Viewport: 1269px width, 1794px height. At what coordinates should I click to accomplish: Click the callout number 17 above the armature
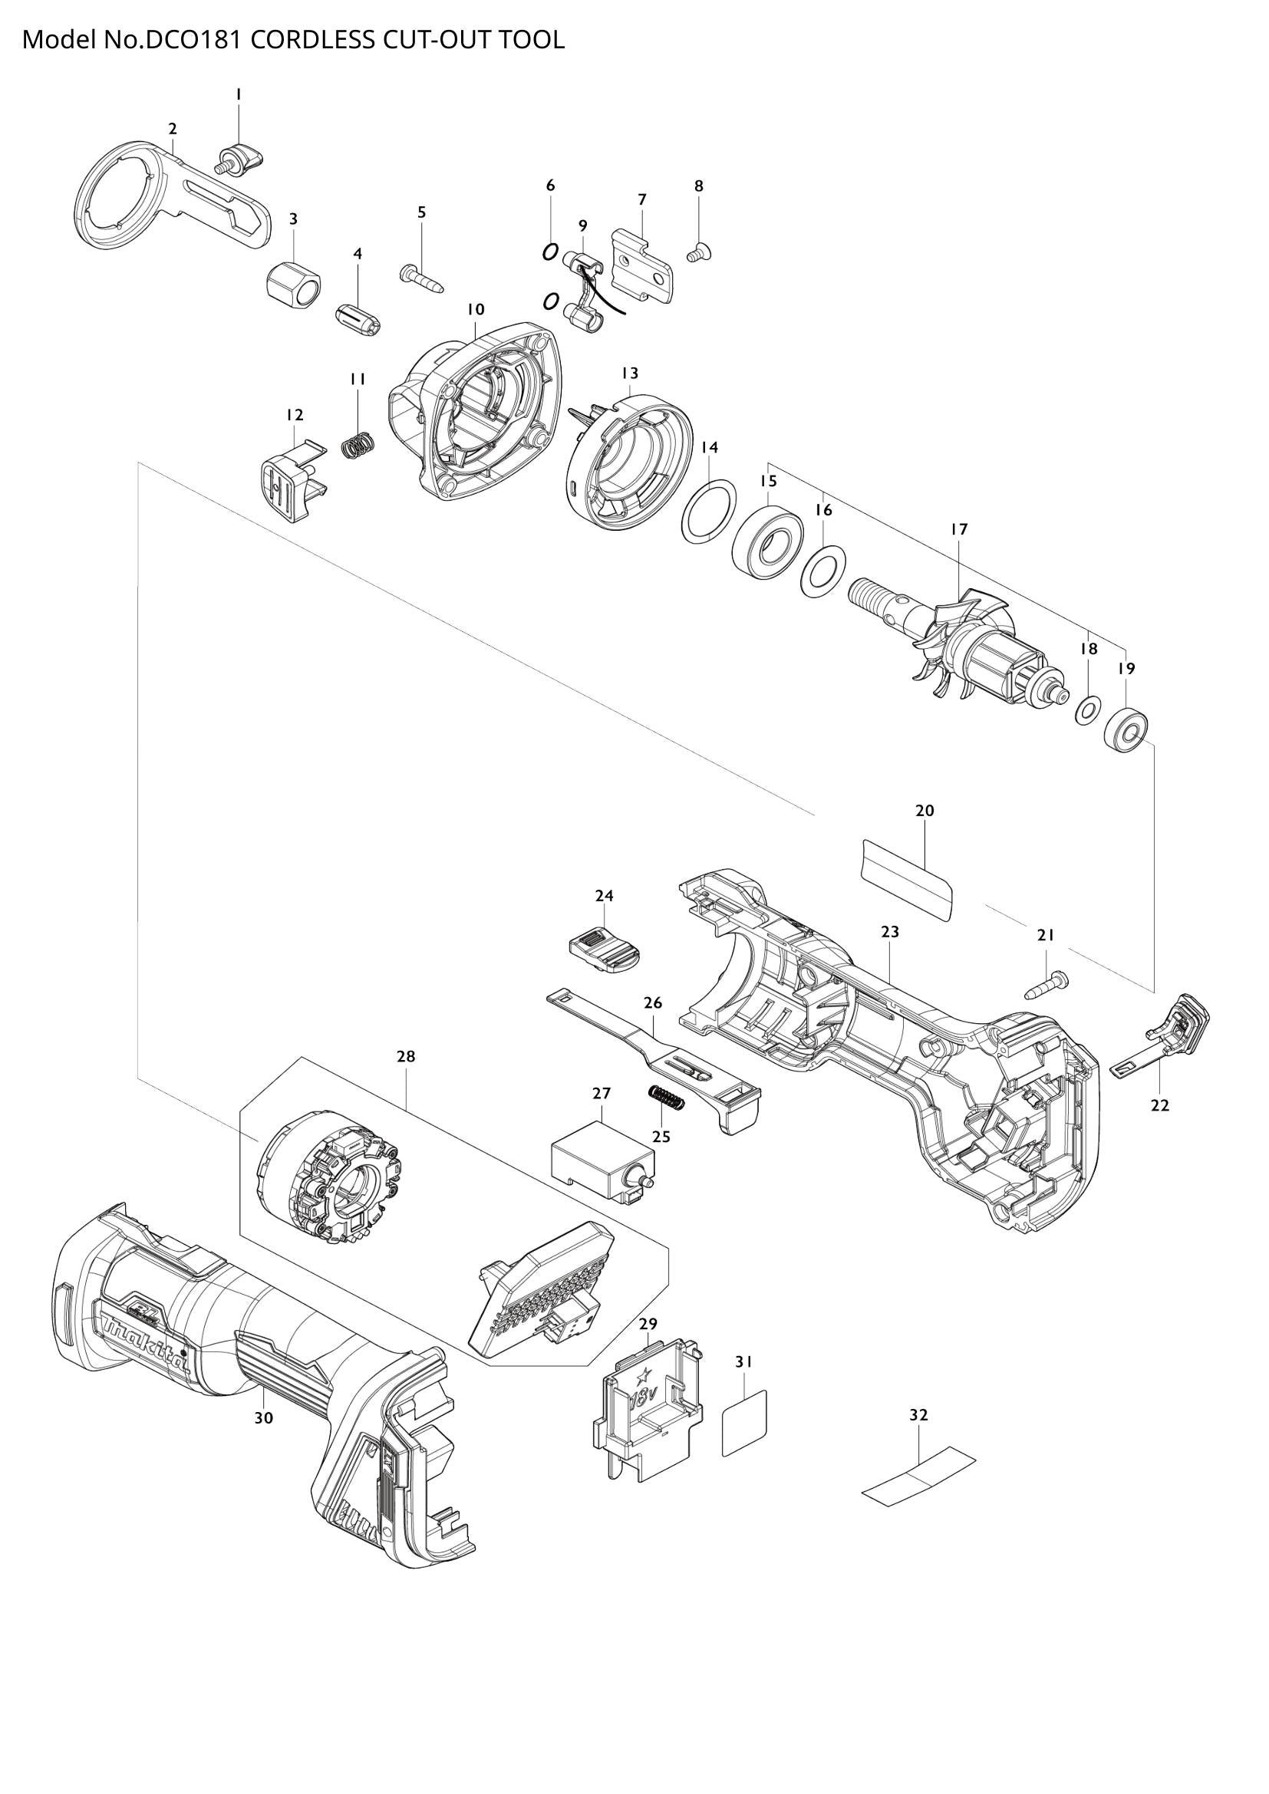coord(959,529)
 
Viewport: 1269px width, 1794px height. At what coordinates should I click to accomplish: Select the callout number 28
coord(406,1056)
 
